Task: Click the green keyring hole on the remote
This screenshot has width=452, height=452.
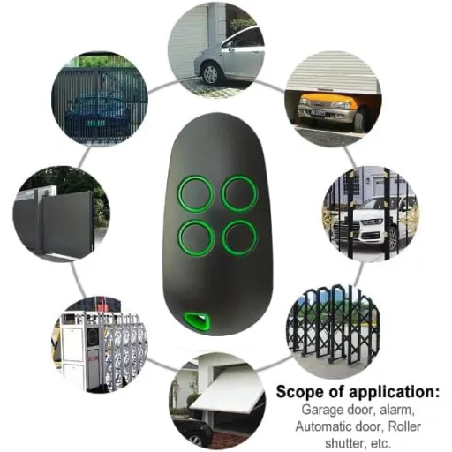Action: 197,320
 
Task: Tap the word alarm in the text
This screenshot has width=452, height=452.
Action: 397,410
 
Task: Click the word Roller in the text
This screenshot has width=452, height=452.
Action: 404,426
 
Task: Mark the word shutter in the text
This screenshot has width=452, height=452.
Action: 343,442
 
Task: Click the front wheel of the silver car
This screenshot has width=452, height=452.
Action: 210,73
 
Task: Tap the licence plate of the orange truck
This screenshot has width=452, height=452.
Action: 318,113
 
